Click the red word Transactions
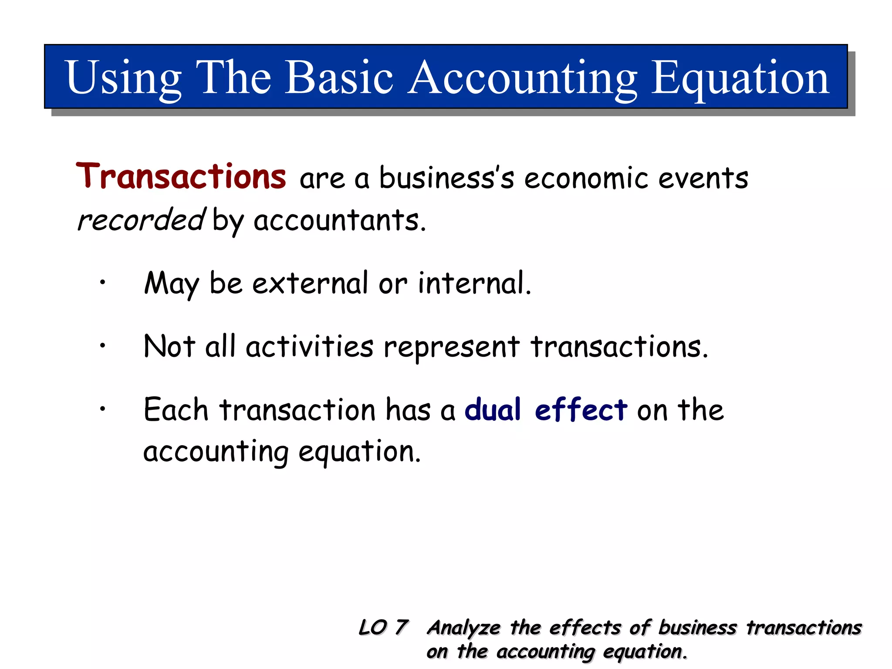[181, 176]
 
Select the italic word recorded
[140, 220]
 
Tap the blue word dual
[493, 410]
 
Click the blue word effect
[581, 410]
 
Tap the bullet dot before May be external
[102, 283]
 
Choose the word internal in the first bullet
[474, 283]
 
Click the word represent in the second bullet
[451, 348]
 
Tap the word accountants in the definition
[339, 220]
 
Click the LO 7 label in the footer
[383, 628]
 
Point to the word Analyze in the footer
[463, 628]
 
